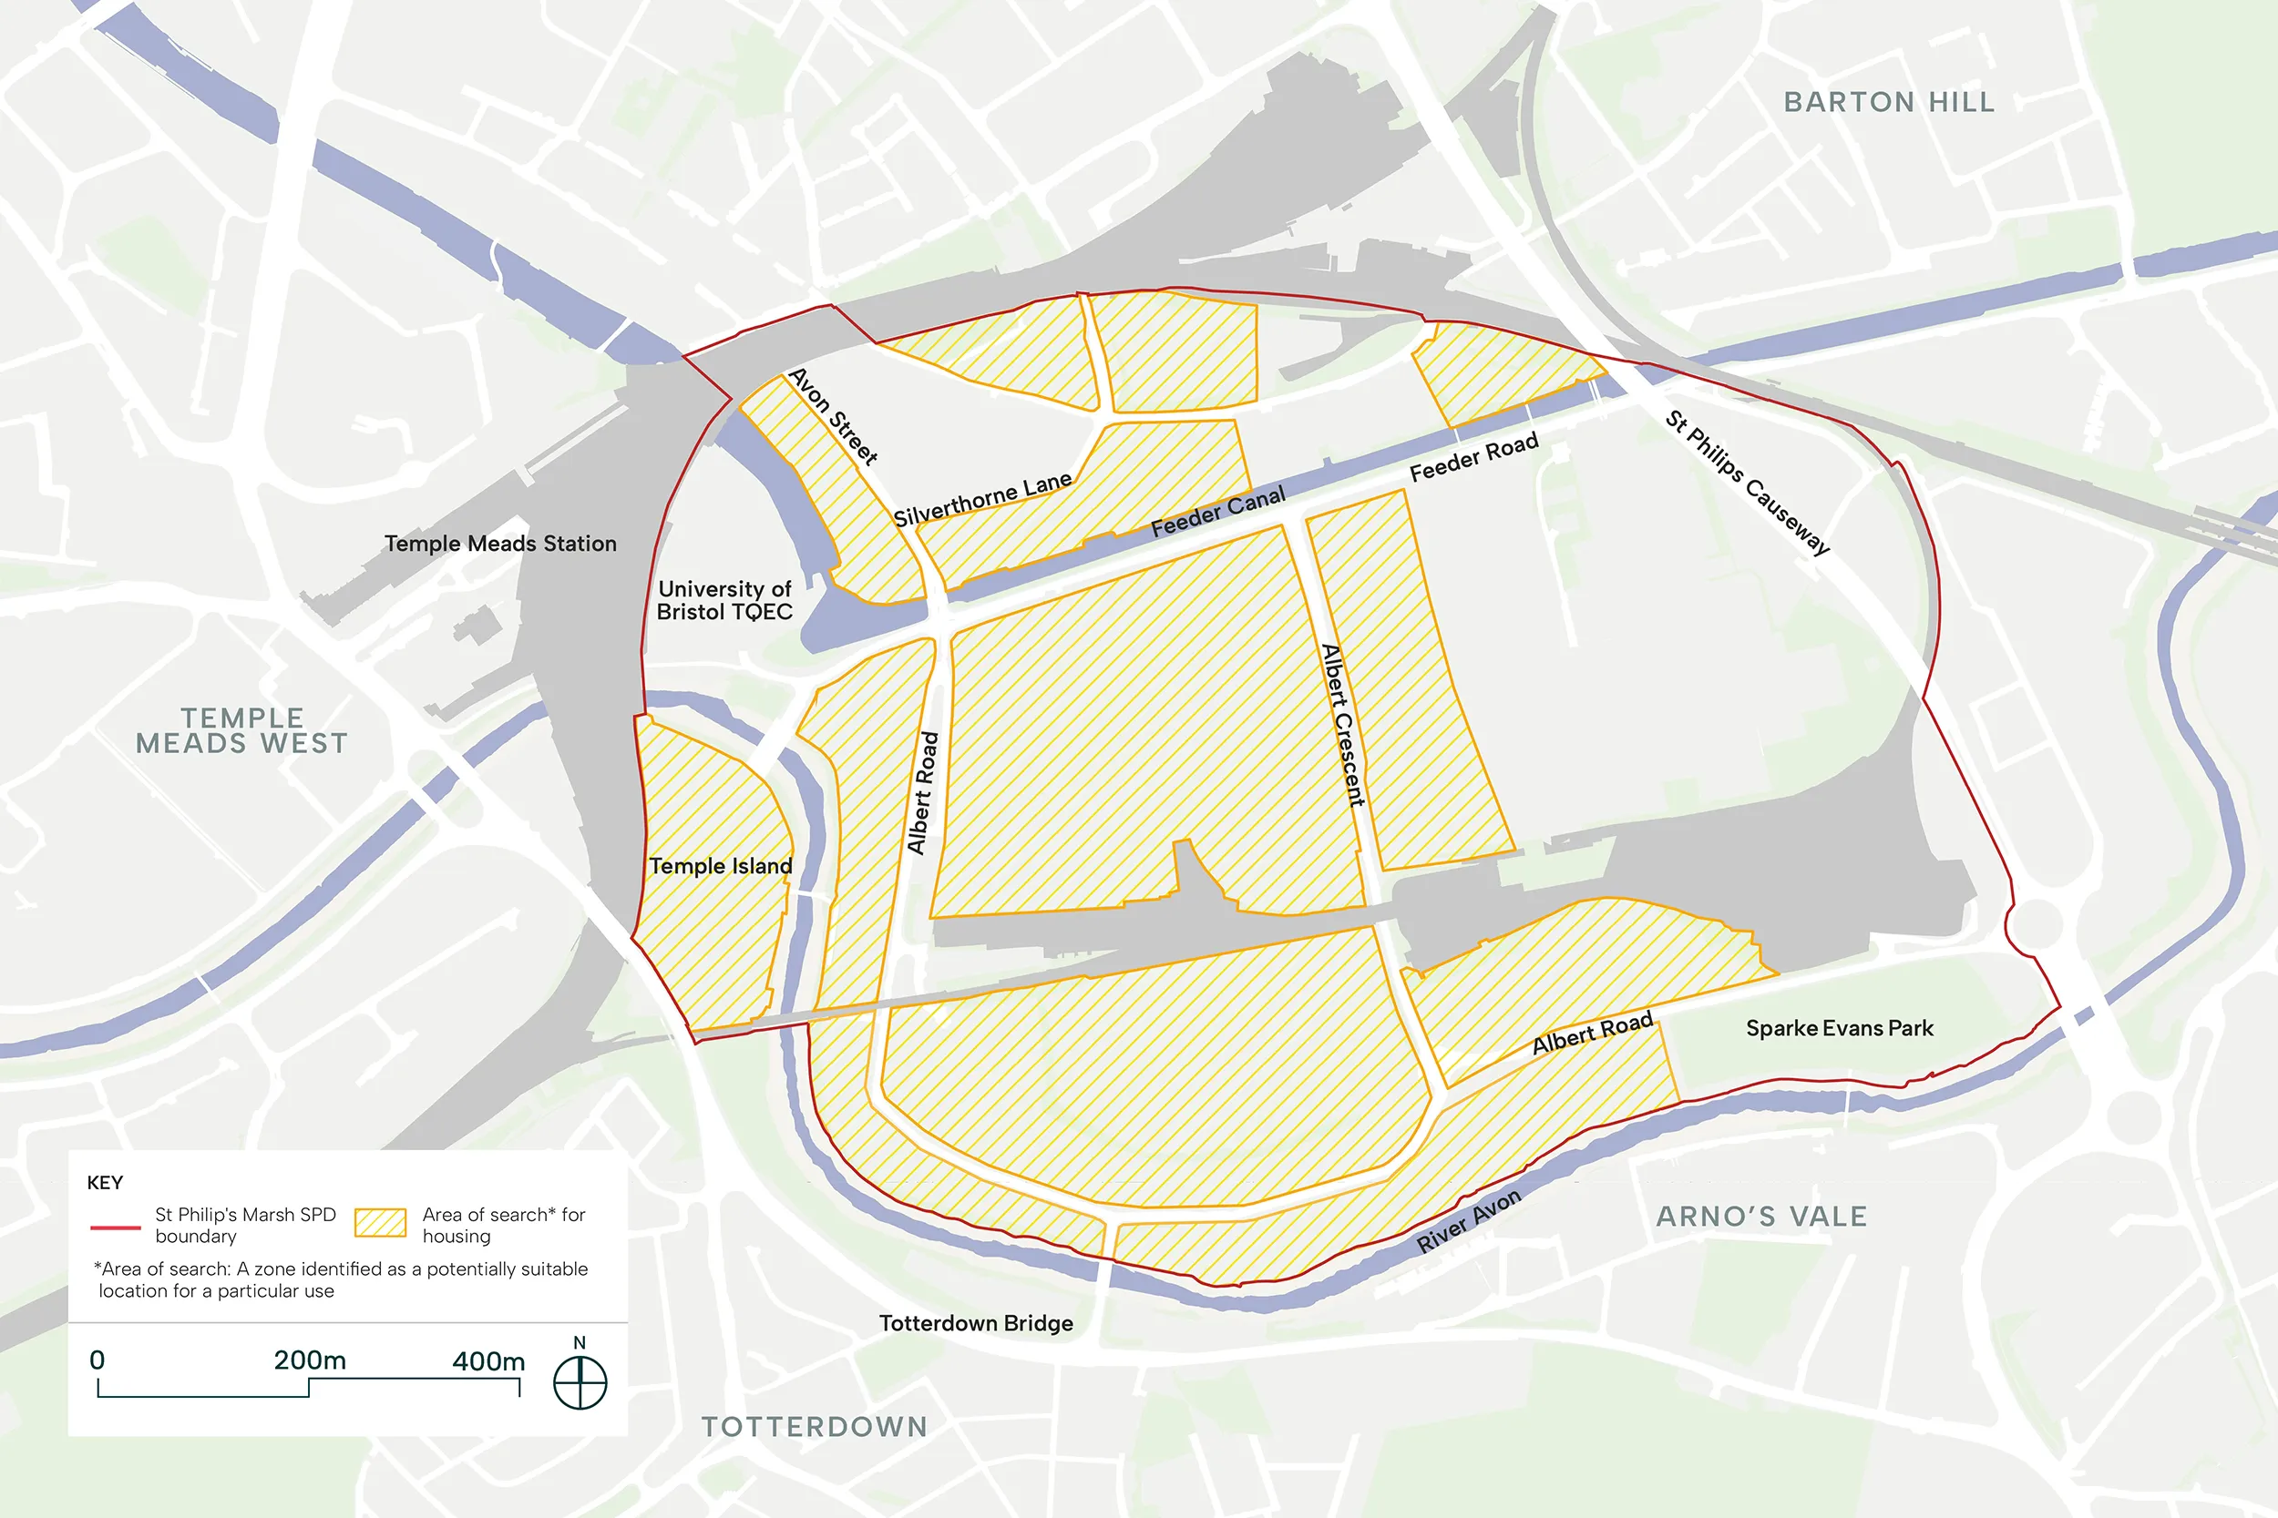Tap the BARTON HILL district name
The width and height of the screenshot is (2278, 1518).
click(1889, 102)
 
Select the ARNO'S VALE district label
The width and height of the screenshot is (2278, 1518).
click(1760, 1216)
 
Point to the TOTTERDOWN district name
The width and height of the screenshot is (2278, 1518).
click(815, 1426)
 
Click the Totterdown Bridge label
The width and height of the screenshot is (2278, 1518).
click(975, 1322)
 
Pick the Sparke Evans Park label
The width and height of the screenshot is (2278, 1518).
click(1838, 1028)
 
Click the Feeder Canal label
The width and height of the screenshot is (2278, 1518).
click(1217, 511)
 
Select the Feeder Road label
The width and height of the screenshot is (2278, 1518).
click(1473, 457)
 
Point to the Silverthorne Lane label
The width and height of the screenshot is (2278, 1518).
click(981, 500)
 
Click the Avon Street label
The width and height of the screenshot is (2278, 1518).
click(833, 415)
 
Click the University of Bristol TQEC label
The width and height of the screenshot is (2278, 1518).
click(724, 600)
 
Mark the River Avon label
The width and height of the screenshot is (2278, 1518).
click(1468, 1221)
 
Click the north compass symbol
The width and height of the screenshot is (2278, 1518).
click(580, 1381)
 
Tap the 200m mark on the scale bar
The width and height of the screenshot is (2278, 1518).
click(309, 1360)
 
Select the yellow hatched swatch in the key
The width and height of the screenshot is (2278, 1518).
click(380, 1223)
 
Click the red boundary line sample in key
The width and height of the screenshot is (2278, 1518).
click(115, 1227)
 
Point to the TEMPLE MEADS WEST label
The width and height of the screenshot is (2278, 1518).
click(242, 730)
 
